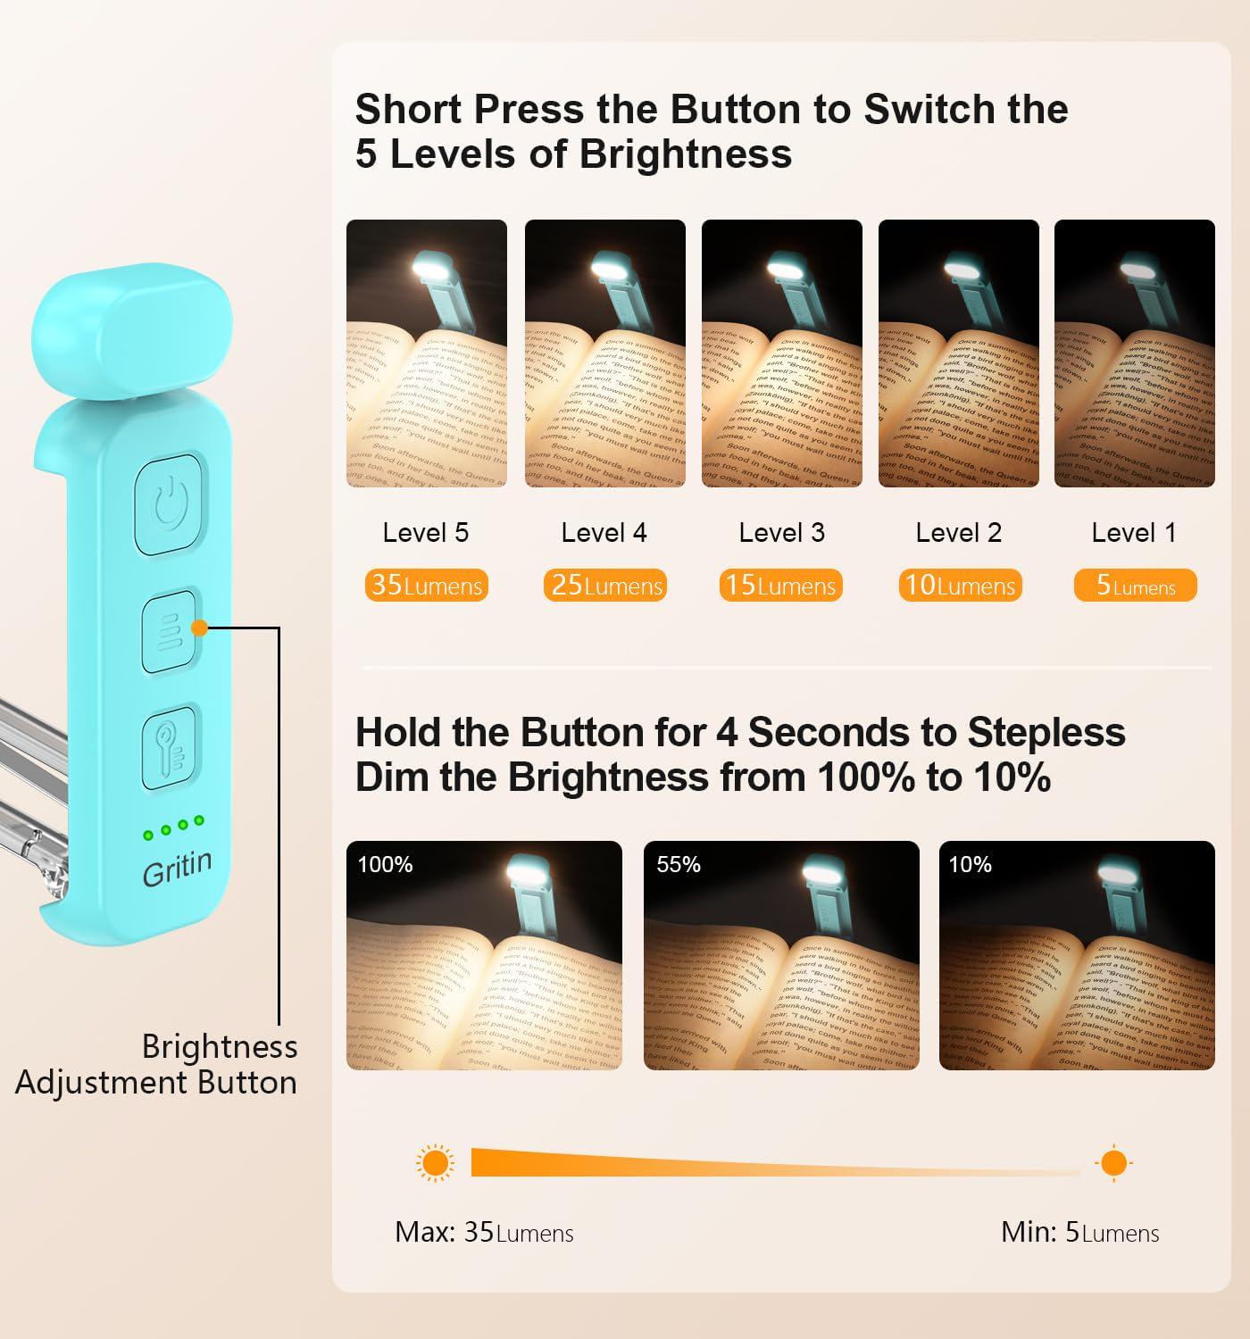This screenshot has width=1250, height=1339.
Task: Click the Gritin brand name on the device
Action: (x=177, y=869)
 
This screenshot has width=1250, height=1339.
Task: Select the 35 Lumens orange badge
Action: (x=427, y=586)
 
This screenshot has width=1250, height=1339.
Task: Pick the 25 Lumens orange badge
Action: (x=605, y=586)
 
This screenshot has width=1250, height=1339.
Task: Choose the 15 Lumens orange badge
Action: (x=781, y=586)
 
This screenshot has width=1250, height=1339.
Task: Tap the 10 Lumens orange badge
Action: (x=960, y=586)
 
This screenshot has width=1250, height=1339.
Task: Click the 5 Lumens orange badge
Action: (x=1135, y=586)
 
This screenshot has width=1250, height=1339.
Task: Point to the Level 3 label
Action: (x=781, y=533)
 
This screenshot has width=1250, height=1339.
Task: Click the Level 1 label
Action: (x=1134, y=533)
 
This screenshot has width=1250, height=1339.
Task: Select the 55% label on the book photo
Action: (x=679, y=864)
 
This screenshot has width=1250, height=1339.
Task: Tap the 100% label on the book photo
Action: (x=385, y=864)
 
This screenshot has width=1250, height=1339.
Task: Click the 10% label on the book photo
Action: (x=971, y=864)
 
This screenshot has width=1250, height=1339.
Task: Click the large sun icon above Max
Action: (x=435, y=1163)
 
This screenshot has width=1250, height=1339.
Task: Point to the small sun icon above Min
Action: (x=1113, y=1163)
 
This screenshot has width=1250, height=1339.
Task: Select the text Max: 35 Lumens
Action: (x=484, y=1233)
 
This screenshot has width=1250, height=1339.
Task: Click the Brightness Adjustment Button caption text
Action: (x=157, y=1065)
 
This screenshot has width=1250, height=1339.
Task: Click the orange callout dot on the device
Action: (x=200, y=628)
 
